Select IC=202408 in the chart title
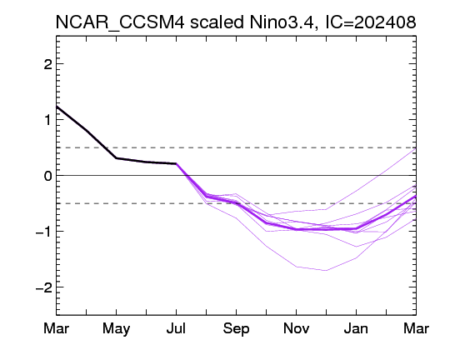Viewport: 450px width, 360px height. point(371,22)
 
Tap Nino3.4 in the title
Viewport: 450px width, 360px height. point(283,22)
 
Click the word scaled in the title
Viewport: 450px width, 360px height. point(217,22)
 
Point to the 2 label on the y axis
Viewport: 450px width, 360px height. point(47,64)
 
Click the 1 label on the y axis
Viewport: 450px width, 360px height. point(47,120)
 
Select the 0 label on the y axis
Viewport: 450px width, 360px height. point(48,175)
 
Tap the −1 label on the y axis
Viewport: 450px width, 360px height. point(44,232)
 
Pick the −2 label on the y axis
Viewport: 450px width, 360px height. point(44,287)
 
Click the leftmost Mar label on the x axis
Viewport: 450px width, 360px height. point(57,328)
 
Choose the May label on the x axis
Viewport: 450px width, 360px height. point(116,329)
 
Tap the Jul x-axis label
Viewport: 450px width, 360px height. point(176,328)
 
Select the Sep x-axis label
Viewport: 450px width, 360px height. point(236,329)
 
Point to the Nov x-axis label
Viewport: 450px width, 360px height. point(296,328)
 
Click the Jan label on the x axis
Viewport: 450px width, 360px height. point(356,328)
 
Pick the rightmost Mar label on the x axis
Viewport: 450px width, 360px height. point(416,328)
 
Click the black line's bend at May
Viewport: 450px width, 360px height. point(116,157)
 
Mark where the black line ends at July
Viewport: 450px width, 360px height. point(176,163)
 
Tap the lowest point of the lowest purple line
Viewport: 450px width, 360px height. point(326,271)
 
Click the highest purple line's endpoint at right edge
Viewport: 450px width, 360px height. point(416,148)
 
